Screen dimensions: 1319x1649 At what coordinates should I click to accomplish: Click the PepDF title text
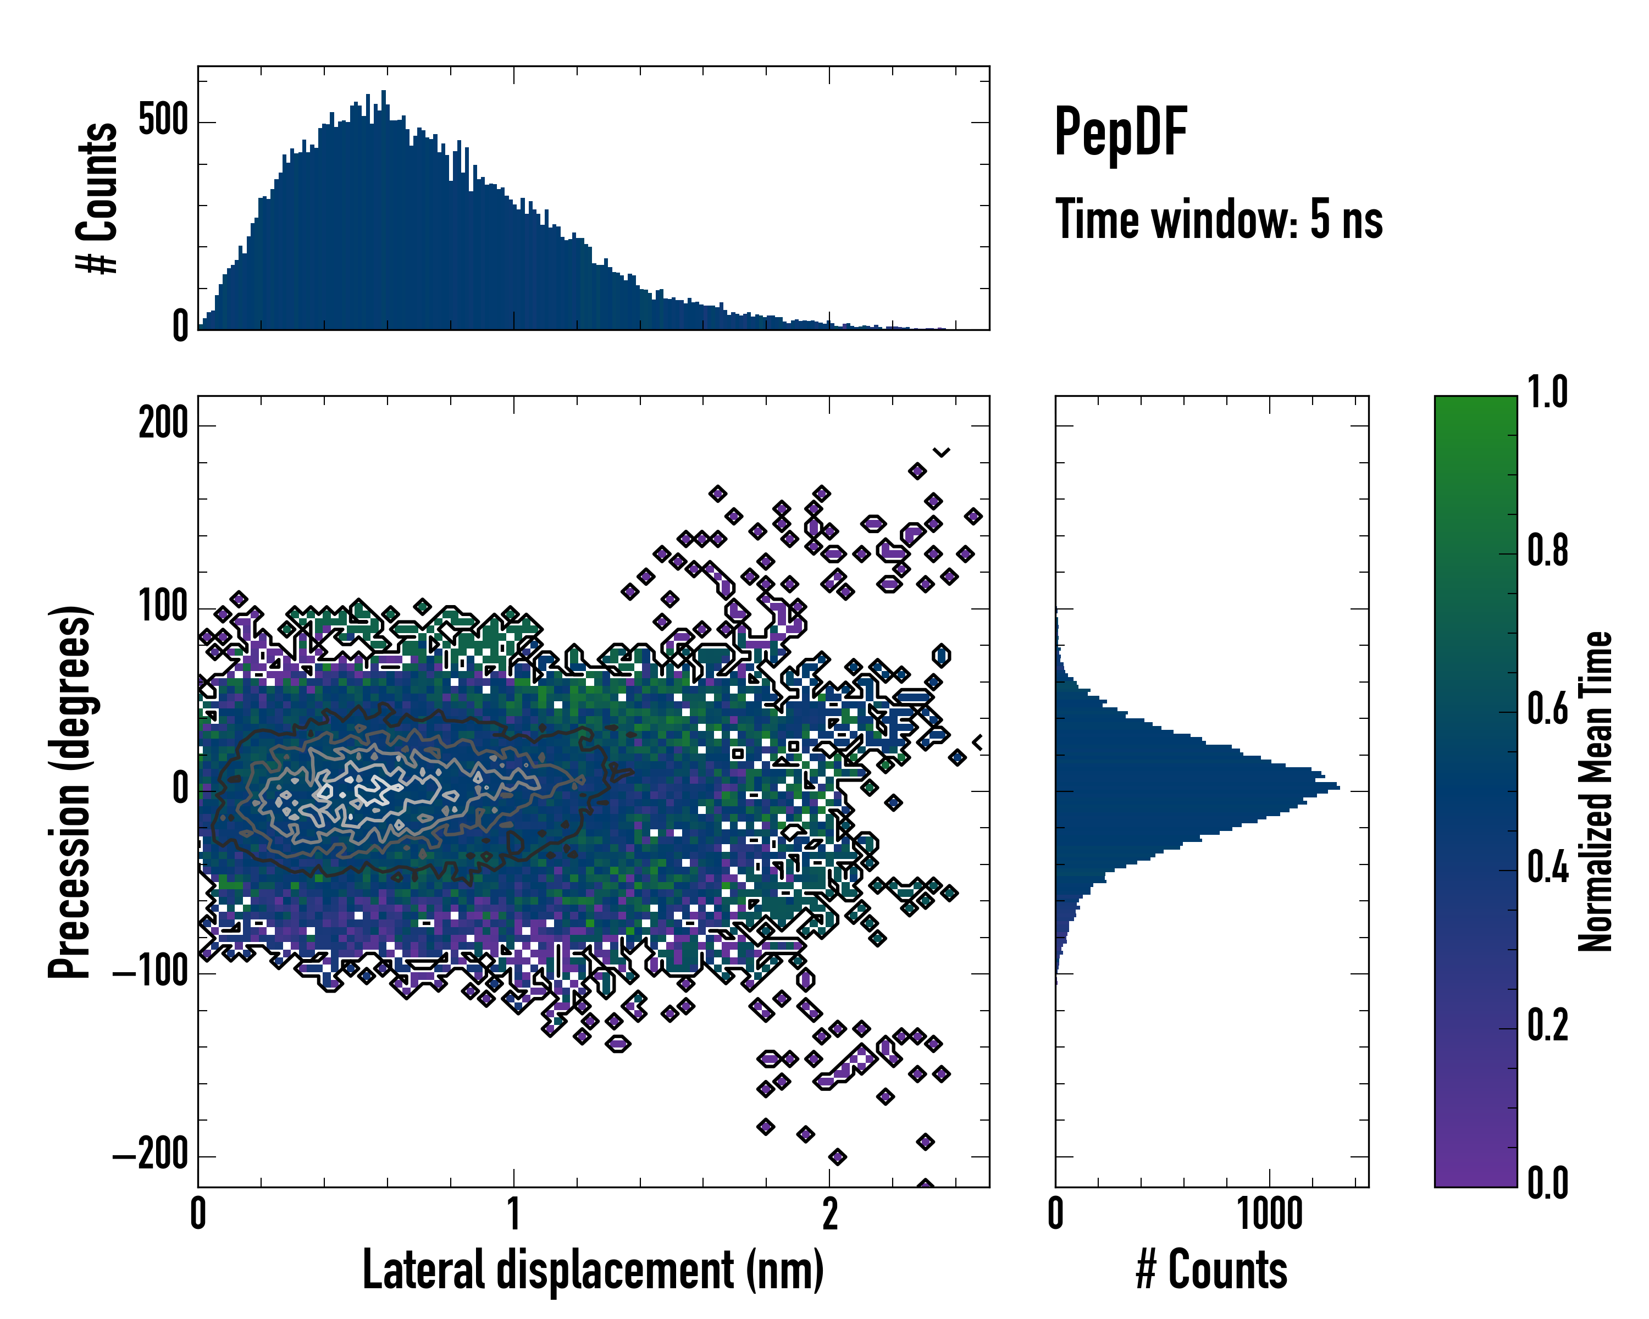1120,132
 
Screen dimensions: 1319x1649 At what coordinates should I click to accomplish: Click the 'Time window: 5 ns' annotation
1219,219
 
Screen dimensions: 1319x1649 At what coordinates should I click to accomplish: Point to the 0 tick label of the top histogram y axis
180,326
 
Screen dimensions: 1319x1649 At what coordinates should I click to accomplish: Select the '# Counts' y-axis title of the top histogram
98,198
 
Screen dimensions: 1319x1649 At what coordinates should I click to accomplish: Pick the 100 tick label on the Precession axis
163,607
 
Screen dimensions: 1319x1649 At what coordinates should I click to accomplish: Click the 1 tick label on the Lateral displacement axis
513,1213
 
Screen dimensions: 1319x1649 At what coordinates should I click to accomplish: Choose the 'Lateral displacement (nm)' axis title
593,1270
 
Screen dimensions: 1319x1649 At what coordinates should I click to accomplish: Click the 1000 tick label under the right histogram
1270,1213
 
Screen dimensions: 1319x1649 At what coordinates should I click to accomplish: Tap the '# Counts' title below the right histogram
1211,1270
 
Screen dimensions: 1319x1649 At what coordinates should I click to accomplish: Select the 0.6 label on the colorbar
1547,709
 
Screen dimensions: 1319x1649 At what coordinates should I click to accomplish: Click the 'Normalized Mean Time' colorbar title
1596,791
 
